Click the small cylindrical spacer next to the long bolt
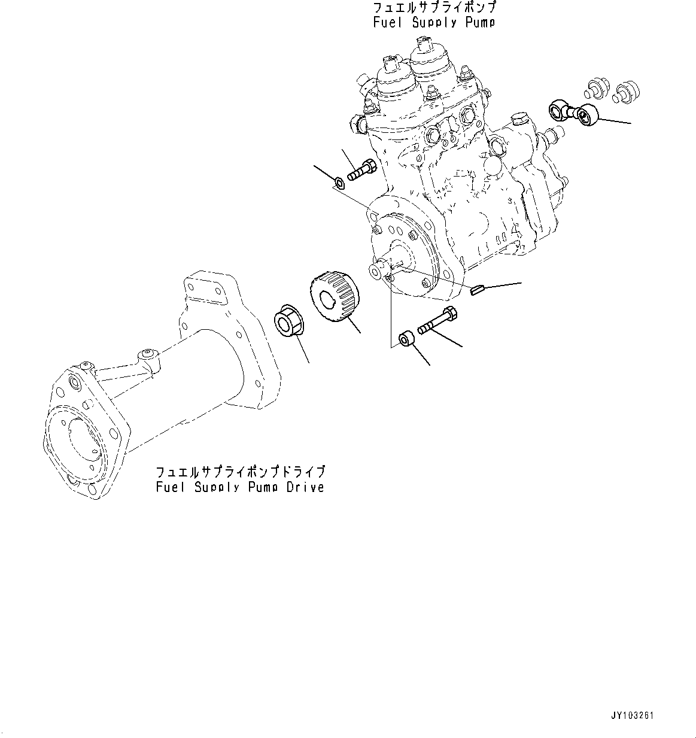pyautogui.click(x=406, y=339)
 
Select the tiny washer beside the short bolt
pyautogui.click(x=339, y=181)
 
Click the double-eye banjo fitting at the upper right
pyautogui.click(x=578, y=112)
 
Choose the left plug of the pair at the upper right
pyautogui.click(x=593, y=88)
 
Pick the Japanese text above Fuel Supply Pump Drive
pyautogui.click(x=240, y=472)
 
